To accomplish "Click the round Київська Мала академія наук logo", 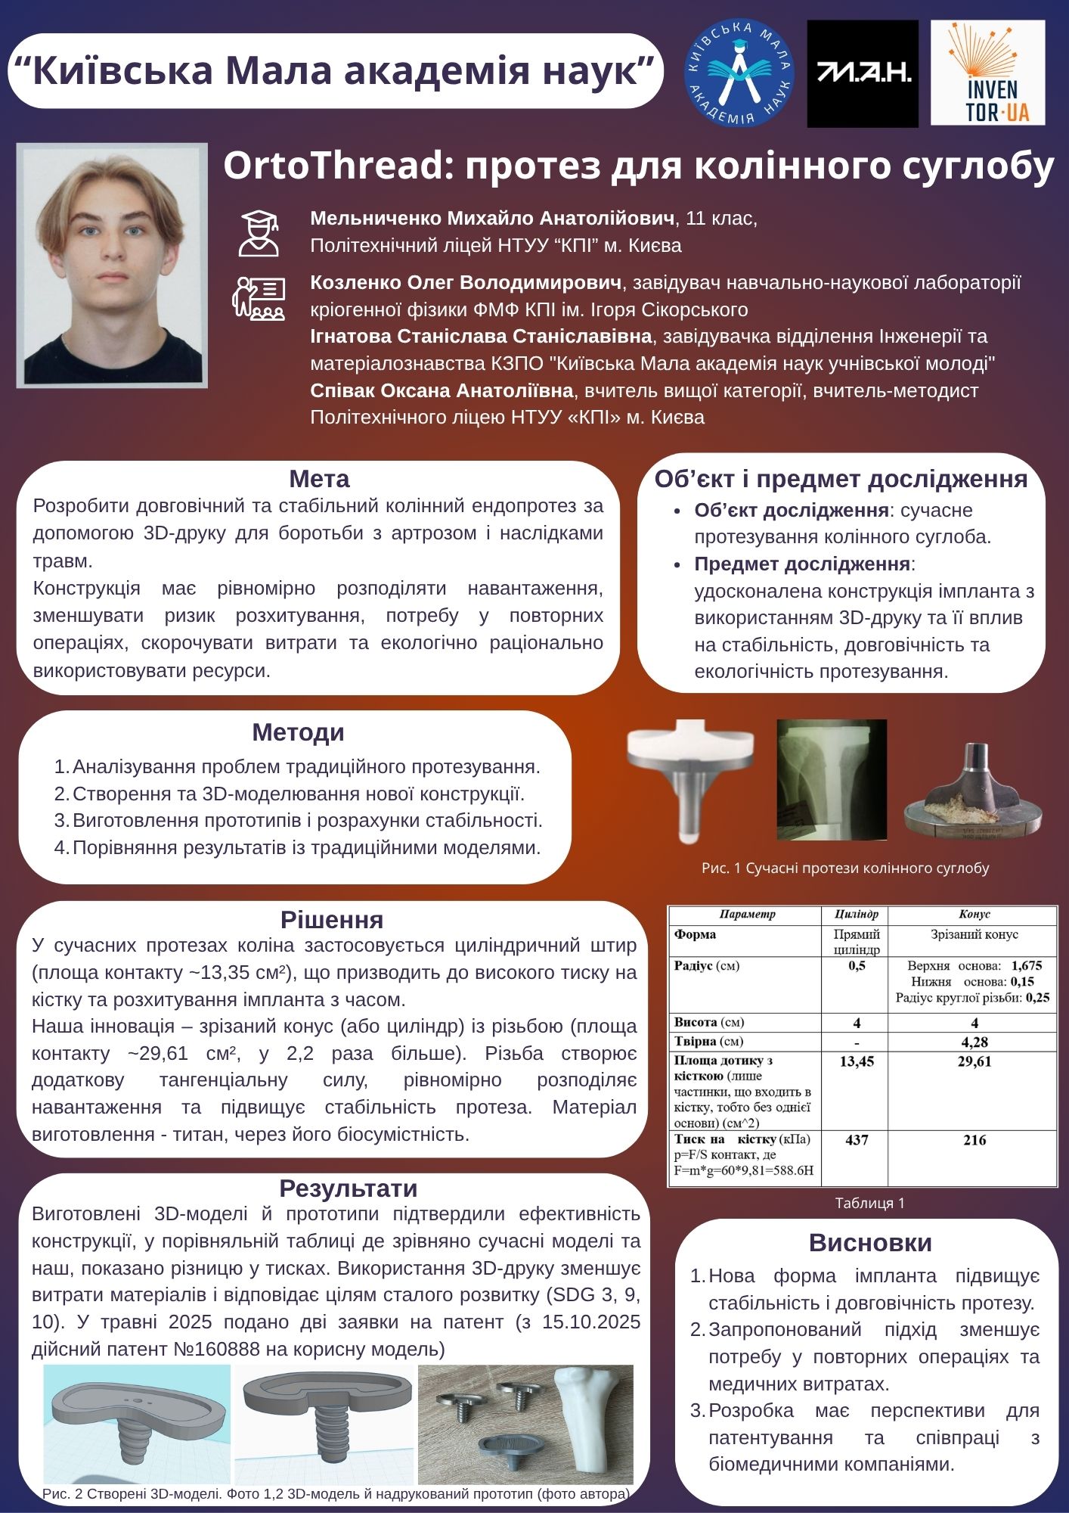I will tap(738, 73).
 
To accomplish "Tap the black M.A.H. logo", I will tap(863, 73).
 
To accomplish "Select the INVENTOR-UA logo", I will tap(987, 73).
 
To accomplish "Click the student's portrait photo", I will tap(112, 265).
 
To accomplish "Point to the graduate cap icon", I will tap(259, 232).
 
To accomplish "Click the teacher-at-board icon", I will tap(258, 299).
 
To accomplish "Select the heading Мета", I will tap(319, 479).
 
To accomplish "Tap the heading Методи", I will tap(298, 732).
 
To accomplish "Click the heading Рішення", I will tap(332, 920).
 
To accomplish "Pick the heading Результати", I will tap(348, 1188).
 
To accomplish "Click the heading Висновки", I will tap(870, 1243).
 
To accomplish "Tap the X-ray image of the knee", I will tap(832, 779).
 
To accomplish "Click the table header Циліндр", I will tap(856, 915).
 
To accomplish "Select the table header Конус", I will tap(974, 915).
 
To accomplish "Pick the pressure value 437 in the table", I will tap(857, 1140).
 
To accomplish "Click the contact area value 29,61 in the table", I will tap(974, 1061).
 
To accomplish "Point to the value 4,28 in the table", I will tap(974, 1042).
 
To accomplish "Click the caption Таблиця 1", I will tap(869, 1203).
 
